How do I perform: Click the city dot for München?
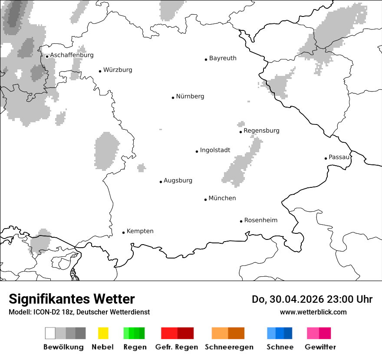point(205,200)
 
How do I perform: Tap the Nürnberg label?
point(190,96)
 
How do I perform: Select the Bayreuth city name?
point(223,58)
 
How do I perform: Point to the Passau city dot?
point(326,158)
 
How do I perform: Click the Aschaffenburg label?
point(72,55)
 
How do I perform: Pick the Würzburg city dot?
point(100,71)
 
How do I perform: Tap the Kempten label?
point(140,231)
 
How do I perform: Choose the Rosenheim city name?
point(260,220)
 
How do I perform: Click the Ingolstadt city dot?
point(197,151)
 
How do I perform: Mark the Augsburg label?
point(178,180)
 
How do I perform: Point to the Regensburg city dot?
point(240,132)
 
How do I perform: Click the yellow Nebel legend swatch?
point(103,333)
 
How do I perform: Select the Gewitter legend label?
point(320,347)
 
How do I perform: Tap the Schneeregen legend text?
point(229,347)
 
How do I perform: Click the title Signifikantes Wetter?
point(72,299)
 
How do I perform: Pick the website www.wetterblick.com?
point(313,312)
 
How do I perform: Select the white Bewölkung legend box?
point(50,333)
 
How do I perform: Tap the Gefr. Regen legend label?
point(176,347)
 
